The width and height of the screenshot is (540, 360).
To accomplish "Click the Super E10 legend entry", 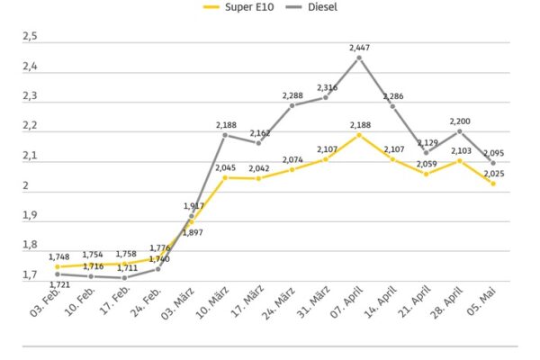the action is click(238, 7).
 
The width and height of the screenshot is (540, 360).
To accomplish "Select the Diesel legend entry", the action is click(311, 7).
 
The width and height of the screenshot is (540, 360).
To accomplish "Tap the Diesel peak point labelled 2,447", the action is click(359, 58).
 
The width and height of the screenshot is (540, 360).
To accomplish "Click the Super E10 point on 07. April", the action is click(359, 135).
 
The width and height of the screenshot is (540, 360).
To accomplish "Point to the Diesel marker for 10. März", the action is click(225, 135).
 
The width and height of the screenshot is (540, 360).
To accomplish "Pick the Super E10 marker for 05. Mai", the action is click(493, 184).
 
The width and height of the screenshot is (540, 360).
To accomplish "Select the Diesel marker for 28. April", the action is click(459, 131).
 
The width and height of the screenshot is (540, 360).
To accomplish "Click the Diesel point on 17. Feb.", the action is click(125, 278).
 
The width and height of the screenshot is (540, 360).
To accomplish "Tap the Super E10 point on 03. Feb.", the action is click(58, 266).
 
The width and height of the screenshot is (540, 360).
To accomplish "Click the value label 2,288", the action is click(292, 95).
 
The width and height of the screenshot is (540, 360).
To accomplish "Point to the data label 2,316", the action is click(328, 87).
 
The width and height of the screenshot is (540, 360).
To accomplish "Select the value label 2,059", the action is click(427, 164).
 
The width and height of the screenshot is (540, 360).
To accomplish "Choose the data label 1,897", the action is click(193, 233).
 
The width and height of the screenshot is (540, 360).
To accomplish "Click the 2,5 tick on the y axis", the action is click(30, 36).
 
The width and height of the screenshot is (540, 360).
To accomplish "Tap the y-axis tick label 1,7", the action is click(30, 274).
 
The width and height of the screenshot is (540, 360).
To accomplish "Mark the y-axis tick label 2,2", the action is click(30, 126).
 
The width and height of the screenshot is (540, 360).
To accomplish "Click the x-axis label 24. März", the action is click(279, 302).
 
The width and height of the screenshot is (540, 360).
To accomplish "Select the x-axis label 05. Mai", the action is click(481, 301).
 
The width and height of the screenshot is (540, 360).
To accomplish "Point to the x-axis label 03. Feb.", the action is click(46, 301).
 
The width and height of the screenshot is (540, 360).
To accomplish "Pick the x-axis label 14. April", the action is click(380, 301).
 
